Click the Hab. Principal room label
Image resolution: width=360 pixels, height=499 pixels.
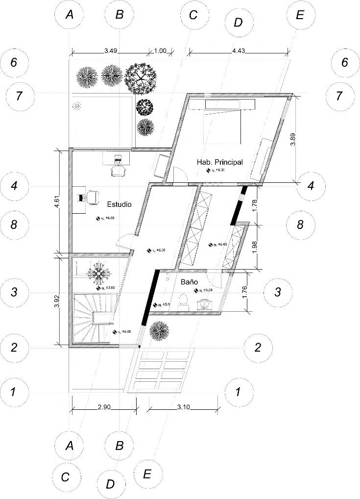click(x=220, y=162)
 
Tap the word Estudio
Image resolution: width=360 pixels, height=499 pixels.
click(x=119, y=205)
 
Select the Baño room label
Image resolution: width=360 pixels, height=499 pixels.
click(x=189, y=282)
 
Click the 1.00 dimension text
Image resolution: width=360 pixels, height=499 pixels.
click(x=161, y=50)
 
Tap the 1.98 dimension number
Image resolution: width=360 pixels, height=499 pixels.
click(x=254, y=246)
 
